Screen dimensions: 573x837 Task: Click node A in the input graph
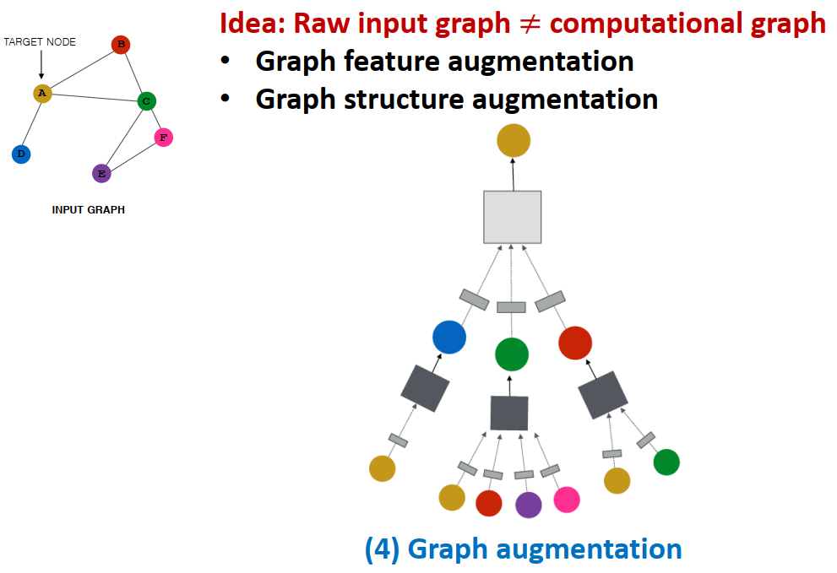pyautogui.click(x=42, y=93)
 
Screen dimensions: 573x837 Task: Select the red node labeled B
pyautogui.click(x=121, y=45)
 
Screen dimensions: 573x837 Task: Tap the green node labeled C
pyautogui.click(x=146, y=101)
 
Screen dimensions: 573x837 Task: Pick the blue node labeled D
pyautogui.click(x=21, y=154)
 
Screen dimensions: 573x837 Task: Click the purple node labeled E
pyautogui.click(x=101, y=174)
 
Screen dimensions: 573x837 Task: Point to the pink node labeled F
pyautogui.click(x=164, y=138)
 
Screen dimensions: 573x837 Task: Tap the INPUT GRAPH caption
pyautogui.click(x=89, y=210)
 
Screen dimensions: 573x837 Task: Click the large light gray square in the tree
pyautogui.click(x=512, y=217)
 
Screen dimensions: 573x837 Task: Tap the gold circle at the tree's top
pyautogui.click(x=513, y=140)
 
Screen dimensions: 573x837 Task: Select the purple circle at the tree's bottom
pyautogui.click(x=528, y=505)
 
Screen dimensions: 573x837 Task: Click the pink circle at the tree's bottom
pyautogui.click(x=567, y=500)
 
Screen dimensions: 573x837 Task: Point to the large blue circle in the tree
pyautogui.click(x=449, y=337)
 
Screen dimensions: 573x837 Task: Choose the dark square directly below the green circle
pyautogui.click(x=509, y=413)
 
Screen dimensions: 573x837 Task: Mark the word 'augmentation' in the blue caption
pyautogui.click(x=588, y=549)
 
